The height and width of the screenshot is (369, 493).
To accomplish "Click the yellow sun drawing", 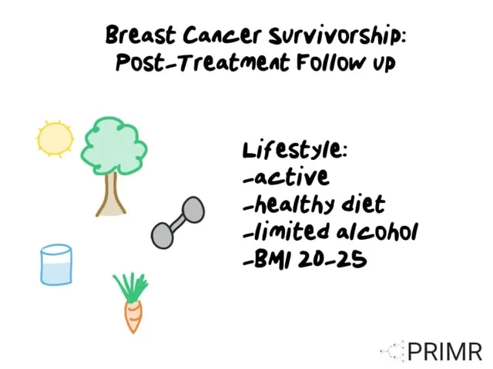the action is [55, 139].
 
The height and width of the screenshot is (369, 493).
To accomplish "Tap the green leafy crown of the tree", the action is [114, 145].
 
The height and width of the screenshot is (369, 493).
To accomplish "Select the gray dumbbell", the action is [178, 222].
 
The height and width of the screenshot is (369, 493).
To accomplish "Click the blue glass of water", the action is [56, 265].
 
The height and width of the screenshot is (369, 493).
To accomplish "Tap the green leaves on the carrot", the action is [131, 288].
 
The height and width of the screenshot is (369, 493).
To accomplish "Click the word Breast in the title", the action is [140, 35].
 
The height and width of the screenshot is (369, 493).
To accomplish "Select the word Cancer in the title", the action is [222, 35].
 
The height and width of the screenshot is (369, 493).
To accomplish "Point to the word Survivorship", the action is [337, 36].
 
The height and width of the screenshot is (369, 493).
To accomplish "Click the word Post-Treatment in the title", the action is [203, 62].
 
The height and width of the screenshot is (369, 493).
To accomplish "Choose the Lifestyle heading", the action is [295, 150].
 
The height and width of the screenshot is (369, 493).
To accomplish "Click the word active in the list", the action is [291, 178].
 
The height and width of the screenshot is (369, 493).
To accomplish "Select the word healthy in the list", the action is [293, 205].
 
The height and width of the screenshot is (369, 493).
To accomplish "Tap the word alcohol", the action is [377, 231].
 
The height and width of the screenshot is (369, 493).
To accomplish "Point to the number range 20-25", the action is [332, 260].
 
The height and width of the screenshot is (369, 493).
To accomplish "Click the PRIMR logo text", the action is [444, 352].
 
